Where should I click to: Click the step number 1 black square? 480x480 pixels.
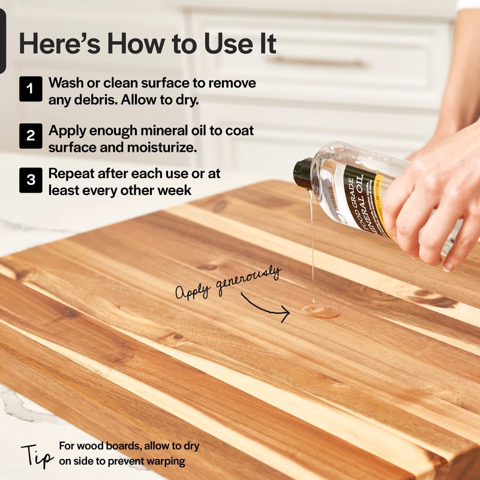31,89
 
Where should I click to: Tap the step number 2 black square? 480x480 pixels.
31,136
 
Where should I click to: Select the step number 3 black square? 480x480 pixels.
31,180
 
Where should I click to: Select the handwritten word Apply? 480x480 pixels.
194,292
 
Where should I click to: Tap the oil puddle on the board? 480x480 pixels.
320,311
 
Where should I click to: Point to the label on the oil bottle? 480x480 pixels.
362,201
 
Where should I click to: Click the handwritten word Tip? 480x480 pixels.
38,455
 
